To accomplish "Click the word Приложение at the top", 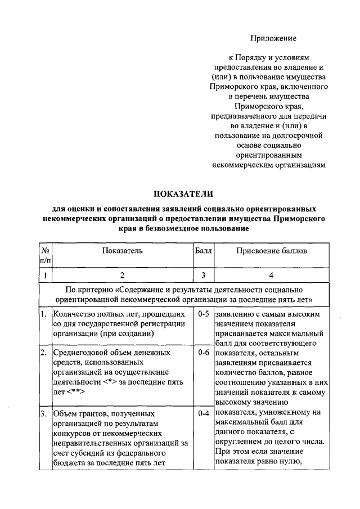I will pyautogui.click(x=273, y=38).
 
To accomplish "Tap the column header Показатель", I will pyautogui.click(x=122, y=250).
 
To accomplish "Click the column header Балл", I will pyautogui.click(x=203, y=250).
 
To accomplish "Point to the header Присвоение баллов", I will pyautogui.click(x=272, y=250).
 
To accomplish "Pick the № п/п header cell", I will pyautogui.click(x=45, y=255).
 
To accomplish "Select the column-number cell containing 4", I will pyautogui.click(x=272, y=275).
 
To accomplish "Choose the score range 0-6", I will pyautogui.click(x=203, y=353).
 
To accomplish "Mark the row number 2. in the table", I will pyautogui.click(x=43, y=353).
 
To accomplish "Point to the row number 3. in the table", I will pyautogui.click(x=43, y=413).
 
